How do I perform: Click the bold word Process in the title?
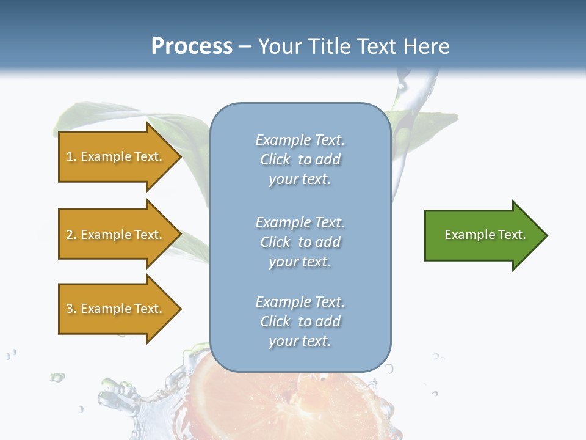(x=192, y=46)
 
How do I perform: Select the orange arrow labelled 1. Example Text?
(x=116, y=156)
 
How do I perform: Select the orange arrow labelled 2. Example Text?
(x=116, y=235)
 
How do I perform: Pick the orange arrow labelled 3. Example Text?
(x=116, y=309)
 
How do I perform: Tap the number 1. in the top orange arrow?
(x=71, y=156)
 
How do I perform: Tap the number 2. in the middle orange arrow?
(x=71, y=235)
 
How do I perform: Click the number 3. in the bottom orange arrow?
(x=71, y=309)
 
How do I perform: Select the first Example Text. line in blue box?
(x=300, y=140)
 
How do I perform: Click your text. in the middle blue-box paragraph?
(x=300, y=262)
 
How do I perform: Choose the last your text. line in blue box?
(x=300, y=341)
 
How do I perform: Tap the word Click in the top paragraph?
(x=275, y=159)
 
